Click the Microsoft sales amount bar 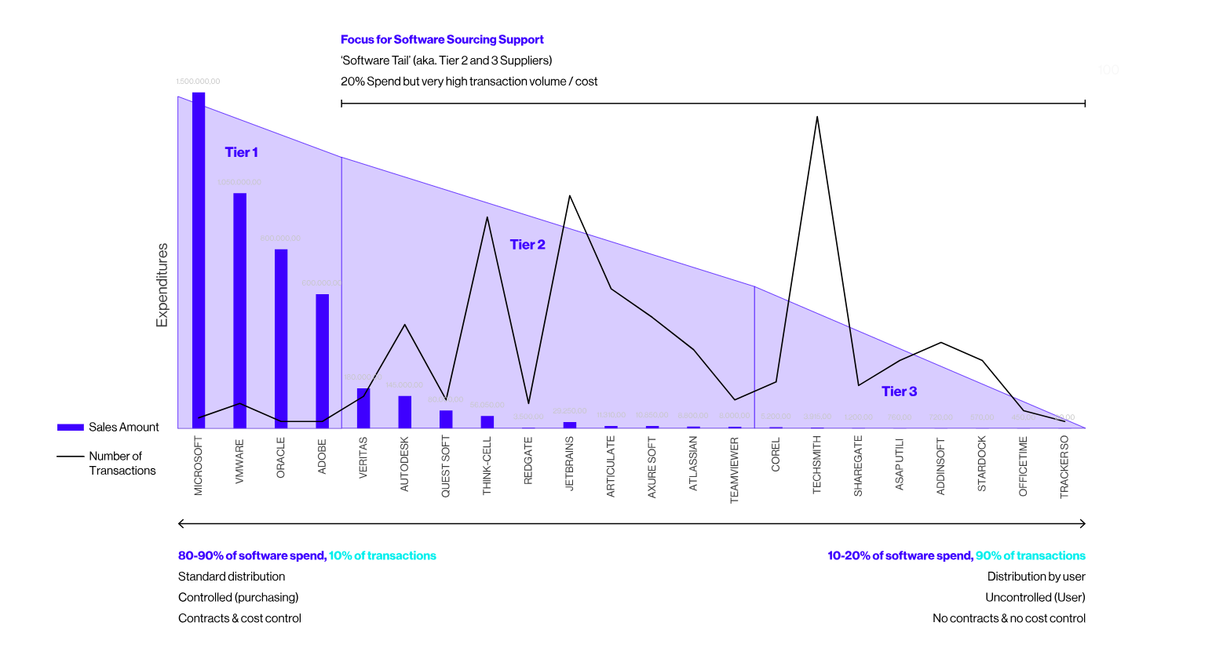(199, 259)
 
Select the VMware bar (239, 310)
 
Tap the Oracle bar (281, 337)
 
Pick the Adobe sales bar (322, 361)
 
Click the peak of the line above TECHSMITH (817, 118)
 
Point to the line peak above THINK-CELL (487, 217)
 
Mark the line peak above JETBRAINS (569, 196)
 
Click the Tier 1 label (241, 152)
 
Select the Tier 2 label (528, 245)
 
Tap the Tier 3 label (899, 391)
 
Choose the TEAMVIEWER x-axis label (735, 470)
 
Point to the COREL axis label (776, 455)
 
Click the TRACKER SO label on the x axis (1064, 467)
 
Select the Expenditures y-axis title (162, 285)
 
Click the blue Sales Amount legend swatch (71, 428)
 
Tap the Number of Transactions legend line (71, 457)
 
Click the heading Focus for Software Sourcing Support (442, 39)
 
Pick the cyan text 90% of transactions (1030, 555)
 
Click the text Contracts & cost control (239, 618)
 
